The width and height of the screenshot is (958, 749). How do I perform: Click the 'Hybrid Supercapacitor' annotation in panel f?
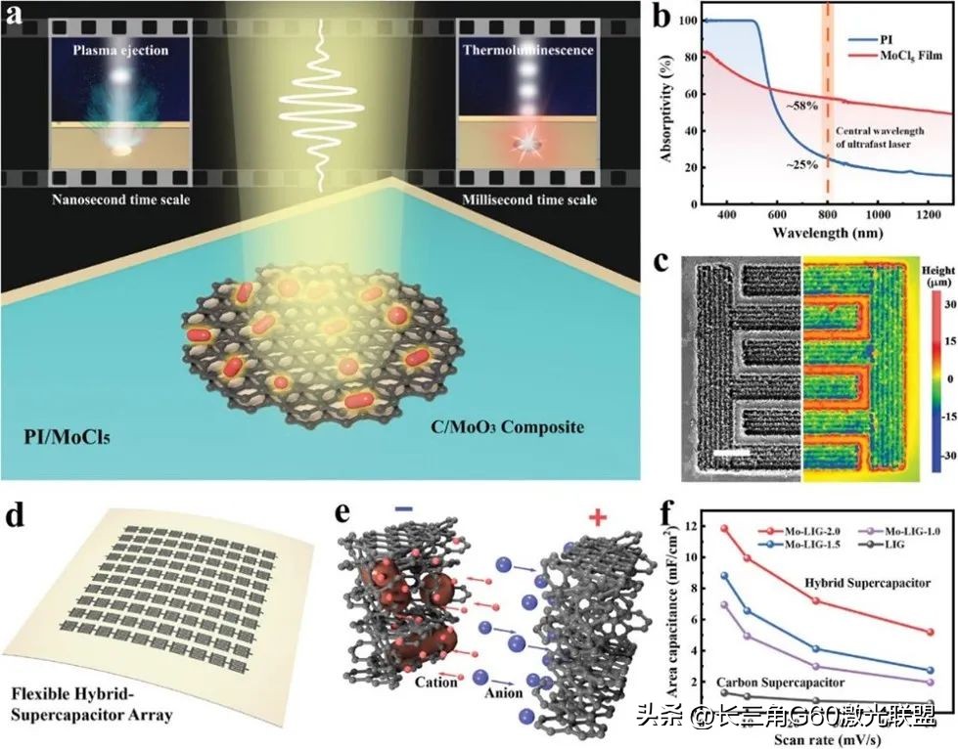866,584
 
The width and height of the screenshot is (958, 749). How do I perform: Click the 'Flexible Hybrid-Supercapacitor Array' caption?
94,704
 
